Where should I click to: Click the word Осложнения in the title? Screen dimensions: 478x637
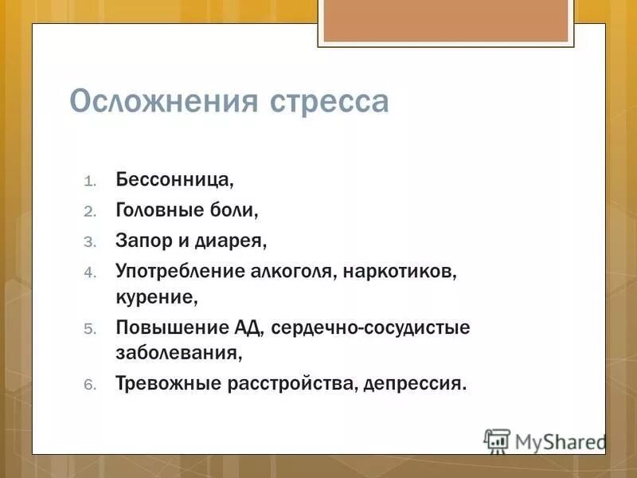[166, 102]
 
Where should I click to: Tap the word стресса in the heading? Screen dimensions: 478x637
[330, 104]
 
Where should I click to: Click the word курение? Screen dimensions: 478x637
[156, 299]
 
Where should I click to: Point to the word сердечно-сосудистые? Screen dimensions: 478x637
[371, 328]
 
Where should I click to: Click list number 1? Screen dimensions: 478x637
[90, 180]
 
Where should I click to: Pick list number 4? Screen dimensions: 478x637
[90, 272]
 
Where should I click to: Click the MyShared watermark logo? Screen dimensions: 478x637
[545, 441]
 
